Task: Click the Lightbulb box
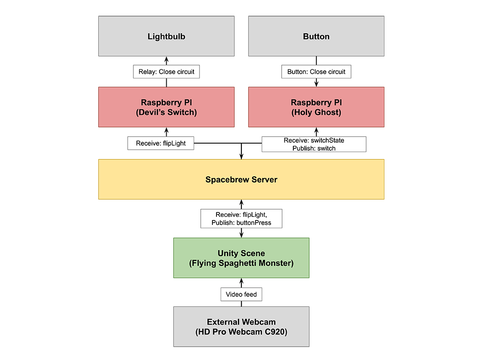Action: click(166, 36)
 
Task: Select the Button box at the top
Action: click(316, 36)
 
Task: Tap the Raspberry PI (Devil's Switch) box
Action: click(166, 107)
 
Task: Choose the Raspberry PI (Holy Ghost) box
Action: click(316, 107)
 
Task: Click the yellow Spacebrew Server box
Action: click(241, 180)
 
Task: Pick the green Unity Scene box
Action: click(241, 258)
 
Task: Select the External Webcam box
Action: click(241, 327)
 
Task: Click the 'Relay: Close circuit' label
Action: click(166, 72)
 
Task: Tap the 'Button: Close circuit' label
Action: click(316, 72)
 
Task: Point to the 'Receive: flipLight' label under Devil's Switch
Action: click(161, 143)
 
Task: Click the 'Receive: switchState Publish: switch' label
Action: click(314, 144)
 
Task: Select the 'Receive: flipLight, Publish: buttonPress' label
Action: click(241, 219)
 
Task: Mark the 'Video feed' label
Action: click(241, 294)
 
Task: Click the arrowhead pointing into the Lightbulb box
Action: click(166, 60)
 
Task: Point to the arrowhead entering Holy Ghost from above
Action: click(316, 83)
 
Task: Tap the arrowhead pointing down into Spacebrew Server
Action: click(241, 156)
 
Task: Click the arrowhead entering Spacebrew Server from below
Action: click(241, 203)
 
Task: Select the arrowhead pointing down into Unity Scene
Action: click(241, 235)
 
